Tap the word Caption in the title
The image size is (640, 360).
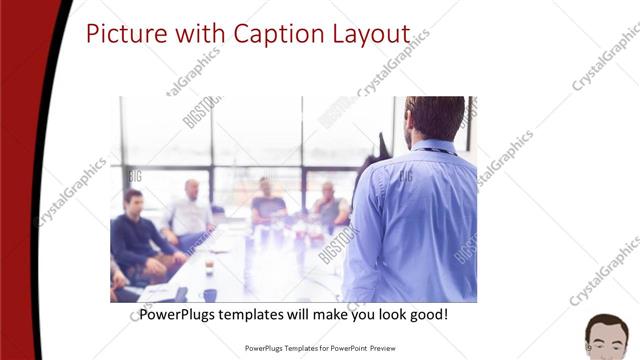tap(273, 34)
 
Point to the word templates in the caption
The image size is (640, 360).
tap(261, 315)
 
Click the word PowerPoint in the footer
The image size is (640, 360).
tap(345, 348)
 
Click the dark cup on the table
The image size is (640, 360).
tap(209, 294)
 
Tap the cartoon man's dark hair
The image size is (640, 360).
tap(607, 322)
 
